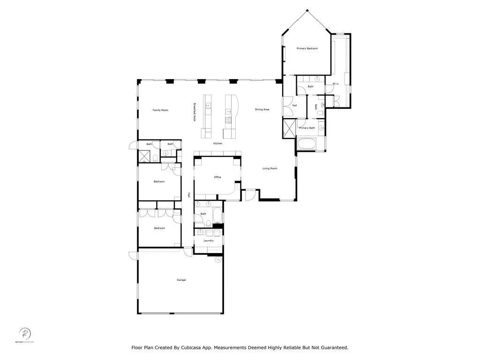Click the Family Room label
coord(160,110)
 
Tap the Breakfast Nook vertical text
coord(195,112)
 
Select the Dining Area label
coord(262,110)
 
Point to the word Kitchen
coord(218,143)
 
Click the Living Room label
coord(270,168)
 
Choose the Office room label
coord(217,177)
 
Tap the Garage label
coord(181,280)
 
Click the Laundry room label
coord(209,240)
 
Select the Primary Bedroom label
coord(307,48)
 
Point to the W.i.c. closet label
coord(336,84)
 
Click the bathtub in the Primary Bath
coord(307,143)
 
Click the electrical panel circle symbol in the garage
coord(218,259)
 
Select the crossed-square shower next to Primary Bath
coord(289,128)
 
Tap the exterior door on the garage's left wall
coord(133,255)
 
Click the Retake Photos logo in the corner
coord(25,335)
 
